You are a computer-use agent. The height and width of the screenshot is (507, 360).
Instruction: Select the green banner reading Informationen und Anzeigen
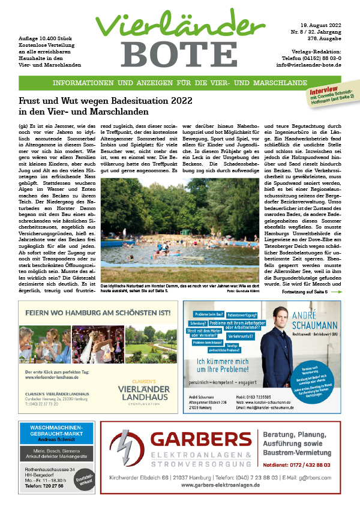pyautogui.click(x=179, y=83)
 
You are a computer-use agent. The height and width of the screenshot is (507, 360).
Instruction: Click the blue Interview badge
pyautogui.click(x=322, y=90)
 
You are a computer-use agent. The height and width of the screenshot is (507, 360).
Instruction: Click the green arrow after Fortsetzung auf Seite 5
pyautogui.click(x=336, y=292)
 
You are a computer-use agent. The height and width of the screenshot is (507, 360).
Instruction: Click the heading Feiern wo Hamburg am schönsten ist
pyautogui.click(x=94, y=312)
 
